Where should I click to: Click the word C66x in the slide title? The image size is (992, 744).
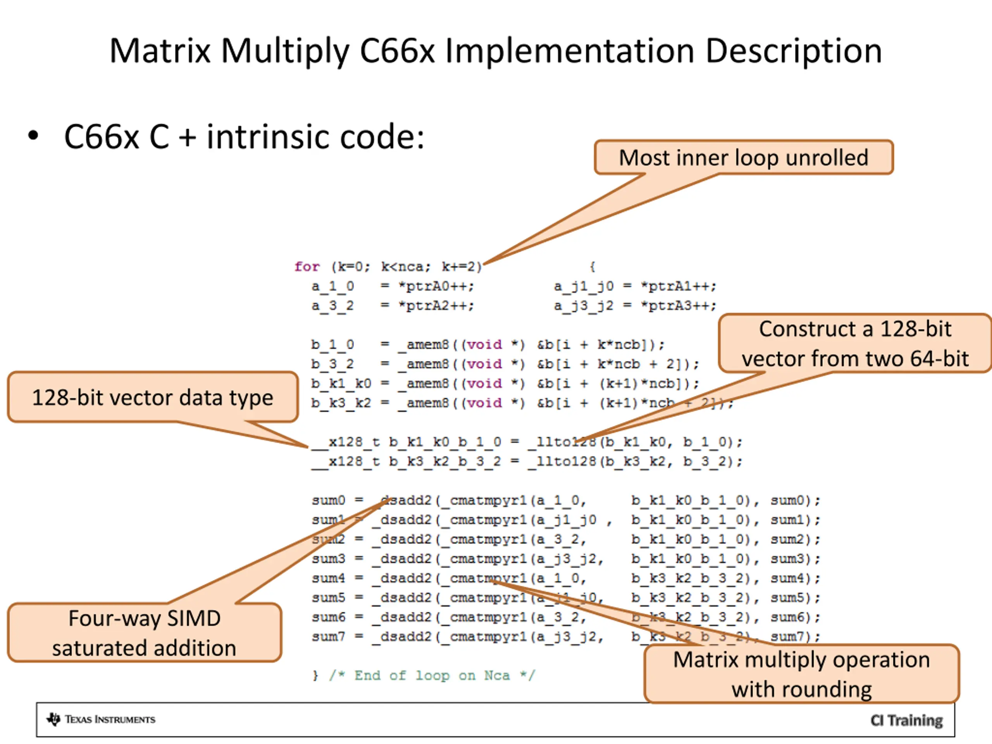click(397, 51)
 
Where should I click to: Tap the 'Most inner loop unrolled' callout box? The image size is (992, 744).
click(743, 157)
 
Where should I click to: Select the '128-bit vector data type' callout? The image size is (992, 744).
click(152, 397)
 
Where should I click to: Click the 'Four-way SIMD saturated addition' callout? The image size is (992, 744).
click(144, 632)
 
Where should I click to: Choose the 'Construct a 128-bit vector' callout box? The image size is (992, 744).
click(854, 344)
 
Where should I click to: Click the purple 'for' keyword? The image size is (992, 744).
click(307, 267)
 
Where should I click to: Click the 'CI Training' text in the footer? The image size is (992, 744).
click(906, 720)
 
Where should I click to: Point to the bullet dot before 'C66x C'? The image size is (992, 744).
click(33, 136)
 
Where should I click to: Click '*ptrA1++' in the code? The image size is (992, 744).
click(678, 286)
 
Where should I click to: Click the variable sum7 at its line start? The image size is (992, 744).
click(328, 636)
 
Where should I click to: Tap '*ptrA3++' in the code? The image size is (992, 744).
click(678, 306)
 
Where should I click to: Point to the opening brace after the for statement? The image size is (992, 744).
click(592, 267)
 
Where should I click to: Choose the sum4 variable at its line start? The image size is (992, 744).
click(328, 578)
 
